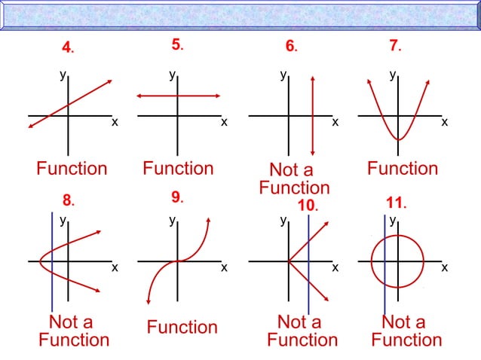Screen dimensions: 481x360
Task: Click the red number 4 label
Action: [66, 47]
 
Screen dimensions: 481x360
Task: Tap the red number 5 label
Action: [176, 44]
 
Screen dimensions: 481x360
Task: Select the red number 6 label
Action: [290, 46]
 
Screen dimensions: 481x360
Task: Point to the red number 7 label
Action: [394, 45]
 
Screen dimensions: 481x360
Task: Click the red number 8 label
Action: [66, 200]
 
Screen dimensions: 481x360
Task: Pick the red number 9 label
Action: [176, 197]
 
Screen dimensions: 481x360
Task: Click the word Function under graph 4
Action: [72, 168]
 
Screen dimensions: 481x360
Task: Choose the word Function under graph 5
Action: [178, 168]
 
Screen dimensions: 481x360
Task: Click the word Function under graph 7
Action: [403, 168]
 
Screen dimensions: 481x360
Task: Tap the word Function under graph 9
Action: [182, 327]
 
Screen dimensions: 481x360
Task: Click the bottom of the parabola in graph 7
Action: [399, 139]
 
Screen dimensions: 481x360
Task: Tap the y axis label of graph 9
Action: [173, 221]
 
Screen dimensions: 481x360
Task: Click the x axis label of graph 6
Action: [335, 121]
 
